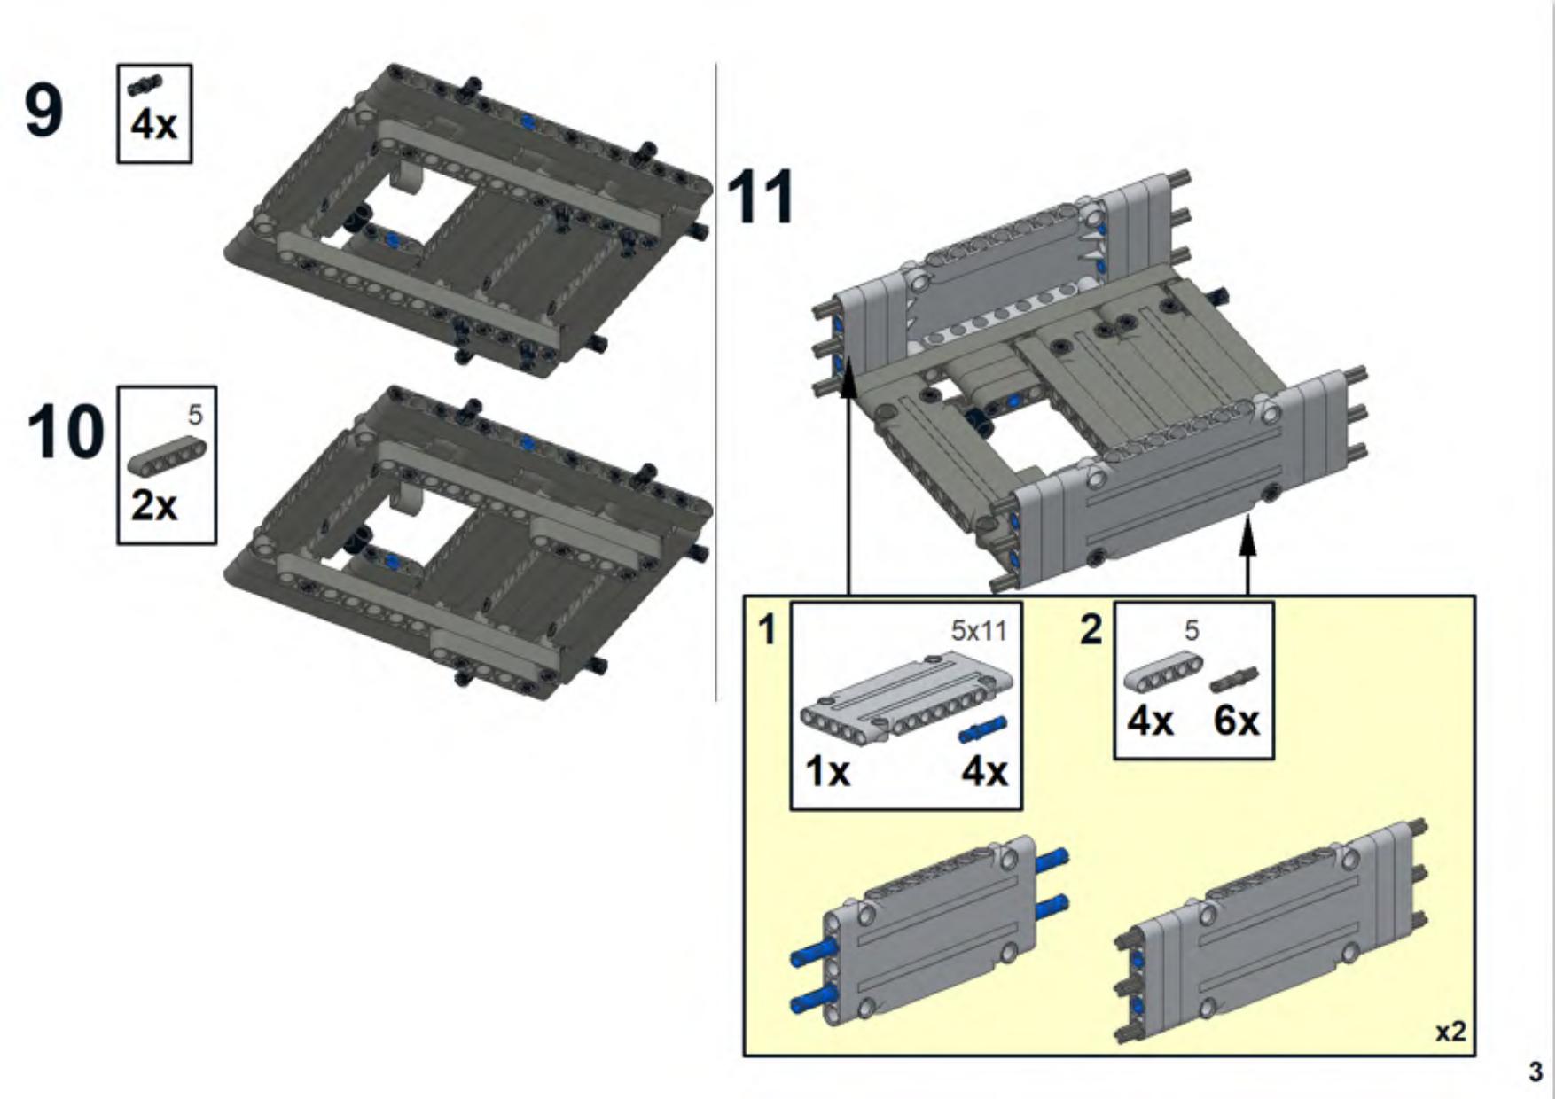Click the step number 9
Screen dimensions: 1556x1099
click(44, 110)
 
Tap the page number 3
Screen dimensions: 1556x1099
click(1536, 1072)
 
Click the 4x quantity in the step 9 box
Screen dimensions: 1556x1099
click(154, 125)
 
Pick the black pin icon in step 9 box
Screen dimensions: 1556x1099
click(145, 85)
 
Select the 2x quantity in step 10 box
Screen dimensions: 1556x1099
click(153, 506)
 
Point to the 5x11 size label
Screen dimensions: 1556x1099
click(979, 630)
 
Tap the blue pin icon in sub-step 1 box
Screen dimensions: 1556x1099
click(981, 730)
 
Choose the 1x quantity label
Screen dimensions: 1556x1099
click(827, 772)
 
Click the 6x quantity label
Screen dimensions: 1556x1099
click(1236, 721)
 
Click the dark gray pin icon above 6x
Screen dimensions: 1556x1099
click(1234, 679)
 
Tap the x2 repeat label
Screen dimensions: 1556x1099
click(1450, 1032)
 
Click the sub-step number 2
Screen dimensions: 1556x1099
click(1091, 629)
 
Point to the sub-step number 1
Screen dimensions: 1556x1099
click(767, 630)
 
